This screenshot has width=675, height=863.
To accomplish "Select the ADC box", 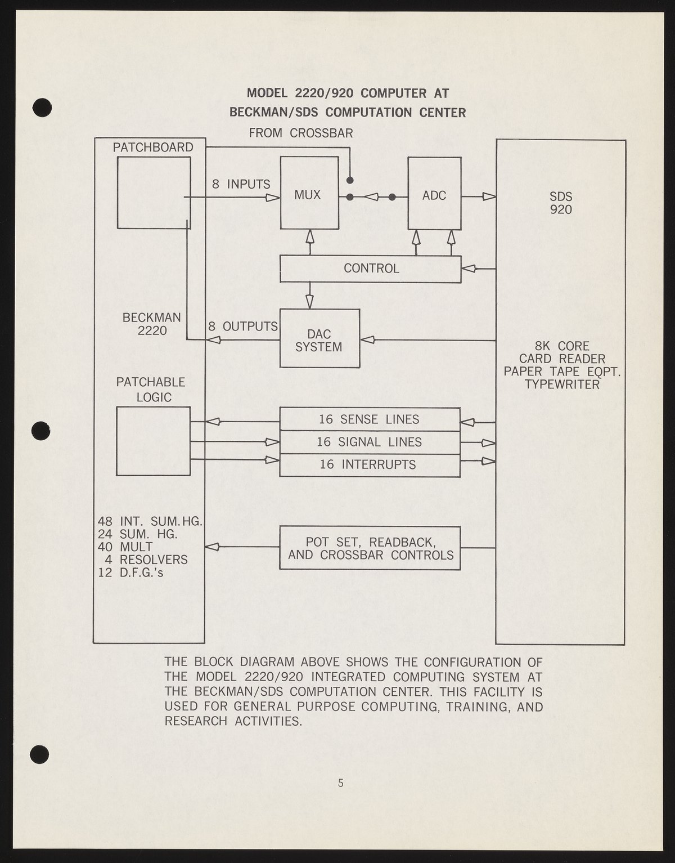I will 434,194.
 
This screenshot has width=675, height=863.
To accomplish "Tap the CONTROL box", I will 371,269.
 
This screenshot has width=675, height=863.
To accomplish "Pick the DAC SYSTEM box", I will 319,339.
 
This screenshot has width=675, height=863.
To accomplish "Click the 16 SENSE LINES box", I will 370,419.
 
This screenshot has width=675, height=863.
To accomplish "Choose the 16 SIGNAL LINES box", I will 370,442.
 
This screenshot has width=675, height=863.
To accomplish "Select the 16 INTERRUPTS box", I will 370,464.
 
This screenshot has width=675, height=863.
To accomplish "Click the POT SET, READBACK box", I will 370,548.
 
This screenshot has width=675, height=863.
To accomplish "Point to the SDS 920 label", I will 561,203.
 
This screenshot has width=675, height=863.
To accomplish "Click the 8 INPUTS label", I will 241,184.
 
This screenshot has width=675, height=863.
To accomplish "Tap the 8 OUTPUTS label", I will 243,327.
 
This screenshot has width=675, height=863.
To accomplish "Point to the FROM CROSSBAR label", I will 301,133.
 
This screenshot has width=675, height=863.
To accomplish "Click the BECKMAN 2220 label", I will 152,324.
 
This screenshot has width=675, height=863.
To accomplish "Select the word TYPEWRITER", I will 562,384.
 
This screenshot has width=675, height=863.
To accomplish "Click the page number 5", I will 340,782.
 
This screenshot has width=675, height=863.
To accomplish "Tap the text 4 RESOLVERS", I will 146,560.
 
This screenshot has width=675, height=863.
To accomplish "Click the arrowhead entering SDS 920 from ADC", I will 489,196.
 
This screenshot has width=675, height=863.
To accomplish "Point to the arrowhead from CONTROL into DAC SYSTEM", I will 309,302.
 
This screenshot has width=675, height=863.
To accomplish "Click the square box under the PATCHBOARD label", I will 154,193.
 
